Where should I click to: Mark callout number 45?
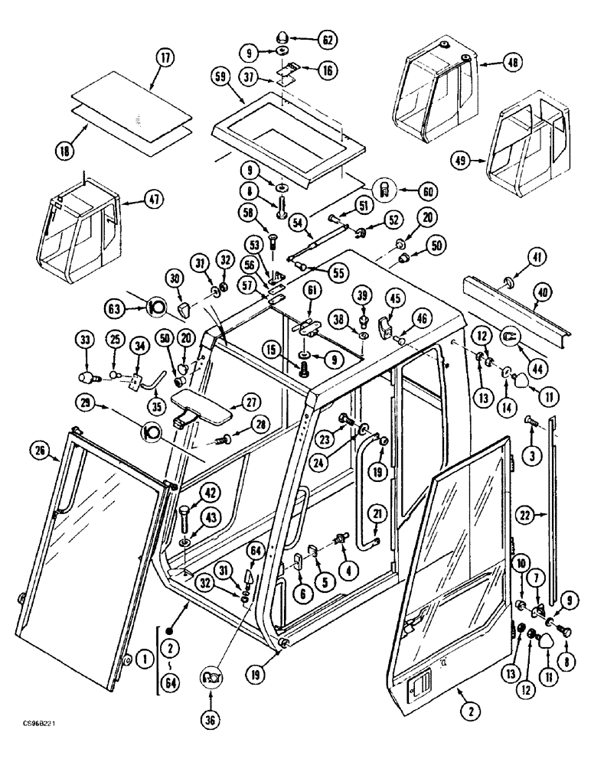[393, 298]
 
